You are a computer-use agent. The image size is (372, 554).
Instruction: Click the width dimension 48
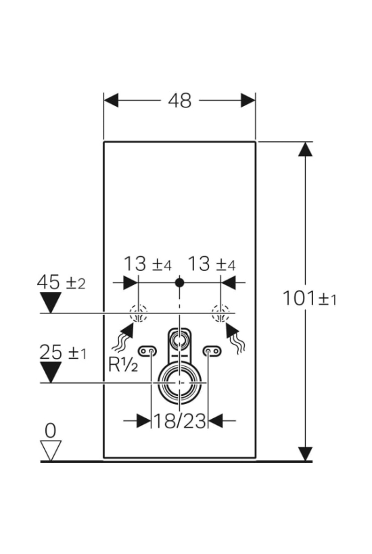180,101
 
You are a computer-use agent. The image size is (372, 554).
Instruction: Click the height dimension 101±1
310,298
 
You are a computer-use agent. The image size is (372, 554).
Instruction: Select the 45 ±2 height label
61,282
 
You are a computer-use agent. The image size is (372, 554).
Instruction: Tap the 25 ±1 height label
62,352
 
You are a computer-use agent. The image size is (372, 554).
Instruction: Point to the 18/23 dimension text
180,421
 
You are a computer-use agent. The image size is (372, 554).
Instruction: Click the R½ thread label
123,365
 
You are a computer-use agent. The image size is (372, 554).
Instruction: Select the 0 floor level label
51,430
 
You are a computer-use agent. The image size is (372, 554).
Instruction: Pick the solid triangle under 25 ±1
51,372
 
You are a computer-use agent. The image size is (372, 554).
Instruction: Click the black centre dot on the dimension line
180,282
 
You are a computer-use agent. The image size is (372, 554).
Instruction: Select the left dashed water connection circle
138,313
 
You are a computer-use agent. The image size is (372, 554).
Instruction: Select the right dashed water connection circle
220,313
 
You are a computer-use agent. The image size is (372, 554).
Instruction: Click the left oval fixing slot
148,351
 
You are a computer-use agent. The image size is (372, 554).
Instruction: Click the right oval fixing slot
212,351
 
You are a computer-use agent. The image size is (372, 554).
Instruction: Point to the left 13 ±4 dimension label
147,264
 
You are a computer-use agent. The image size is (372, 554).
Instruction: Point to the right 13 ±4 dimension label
211,264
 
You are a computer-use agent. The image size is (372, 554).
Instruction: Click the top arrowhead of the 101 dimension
305,149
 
